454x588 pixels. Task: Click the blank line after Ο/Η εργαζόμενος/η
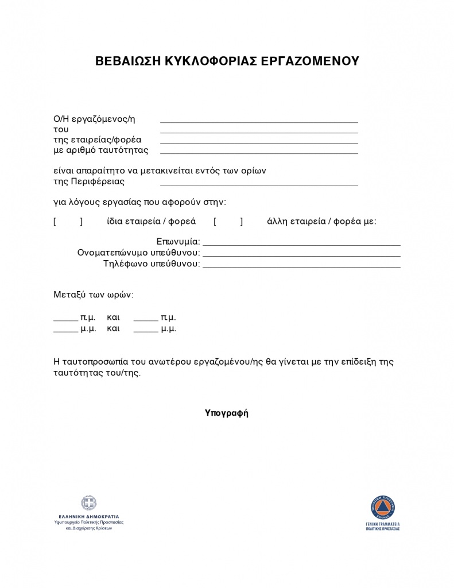(x=259, y=122)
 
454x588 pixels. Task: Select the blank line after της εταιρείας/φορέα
(x=259, y=142)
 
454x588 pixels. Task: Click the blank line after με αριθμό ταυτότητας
(x=259, y=153)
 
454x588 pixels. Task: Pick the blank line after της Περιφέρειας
(x=259, y=184)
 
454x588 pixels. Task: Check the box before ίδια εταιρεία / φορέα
(x=68, y=222)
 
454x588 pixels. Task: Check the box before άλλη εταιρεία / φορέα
(x=228, y=222)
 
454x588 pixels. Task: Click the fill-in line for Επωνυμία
(x=301, y=245)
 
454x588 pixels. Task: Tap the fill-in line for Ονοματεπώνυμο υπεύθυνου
(x=301, y=256)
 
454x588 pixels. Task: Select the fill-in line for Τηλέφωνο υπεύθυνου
(x=301, y=267)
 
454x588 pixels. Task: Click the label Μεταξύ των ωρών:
(x=94, y=295)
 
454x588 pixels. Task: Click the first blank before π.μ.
(x=65, y=319)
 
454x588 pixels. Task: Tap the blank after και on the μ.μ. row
(x=146, y=331)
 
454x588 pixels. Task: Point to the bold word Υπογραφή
(x=227, y=413)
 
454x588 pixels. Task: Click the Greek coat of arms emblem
(x=89, y=504)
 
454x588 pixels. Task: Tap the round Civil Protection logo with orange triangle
(x=382, y=508)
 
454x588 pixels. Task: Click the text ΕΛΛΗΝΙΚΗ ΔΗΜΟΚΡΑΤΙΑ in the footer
(x=89, y=516)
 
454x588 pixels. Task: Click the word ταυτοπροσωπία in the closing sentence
(x=95, y=362)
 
